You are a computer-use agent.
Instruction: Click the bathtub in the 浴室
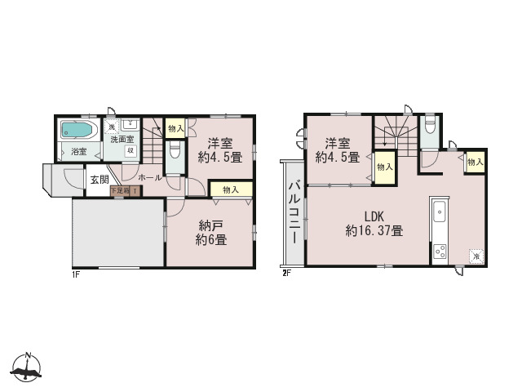(x=78, y=131)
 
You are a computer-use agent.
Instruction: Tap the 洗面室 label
(x=124, y=139)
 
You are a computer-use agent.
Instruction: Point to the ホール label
(x=149, y=177)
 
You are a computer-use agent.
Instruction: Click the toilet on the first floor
(x=173, y=152)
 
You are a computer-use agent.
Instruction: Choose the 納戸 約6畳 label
(x=210, y=233)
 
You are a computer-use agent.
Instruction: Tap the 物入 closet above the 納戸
(x=230, y=189)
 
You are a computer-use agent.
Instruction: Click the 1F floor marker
(x=75, y=273)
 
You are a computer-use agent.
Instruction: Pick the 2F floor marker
(x=286, y=273)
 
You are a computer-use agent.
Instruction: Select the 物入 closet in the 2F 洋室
(x=383, y=167)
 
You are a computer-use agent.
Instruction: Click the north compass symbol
(x=28, y=368)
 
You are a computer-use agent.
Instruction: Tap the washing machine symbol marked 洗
(x=113, y=126)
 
